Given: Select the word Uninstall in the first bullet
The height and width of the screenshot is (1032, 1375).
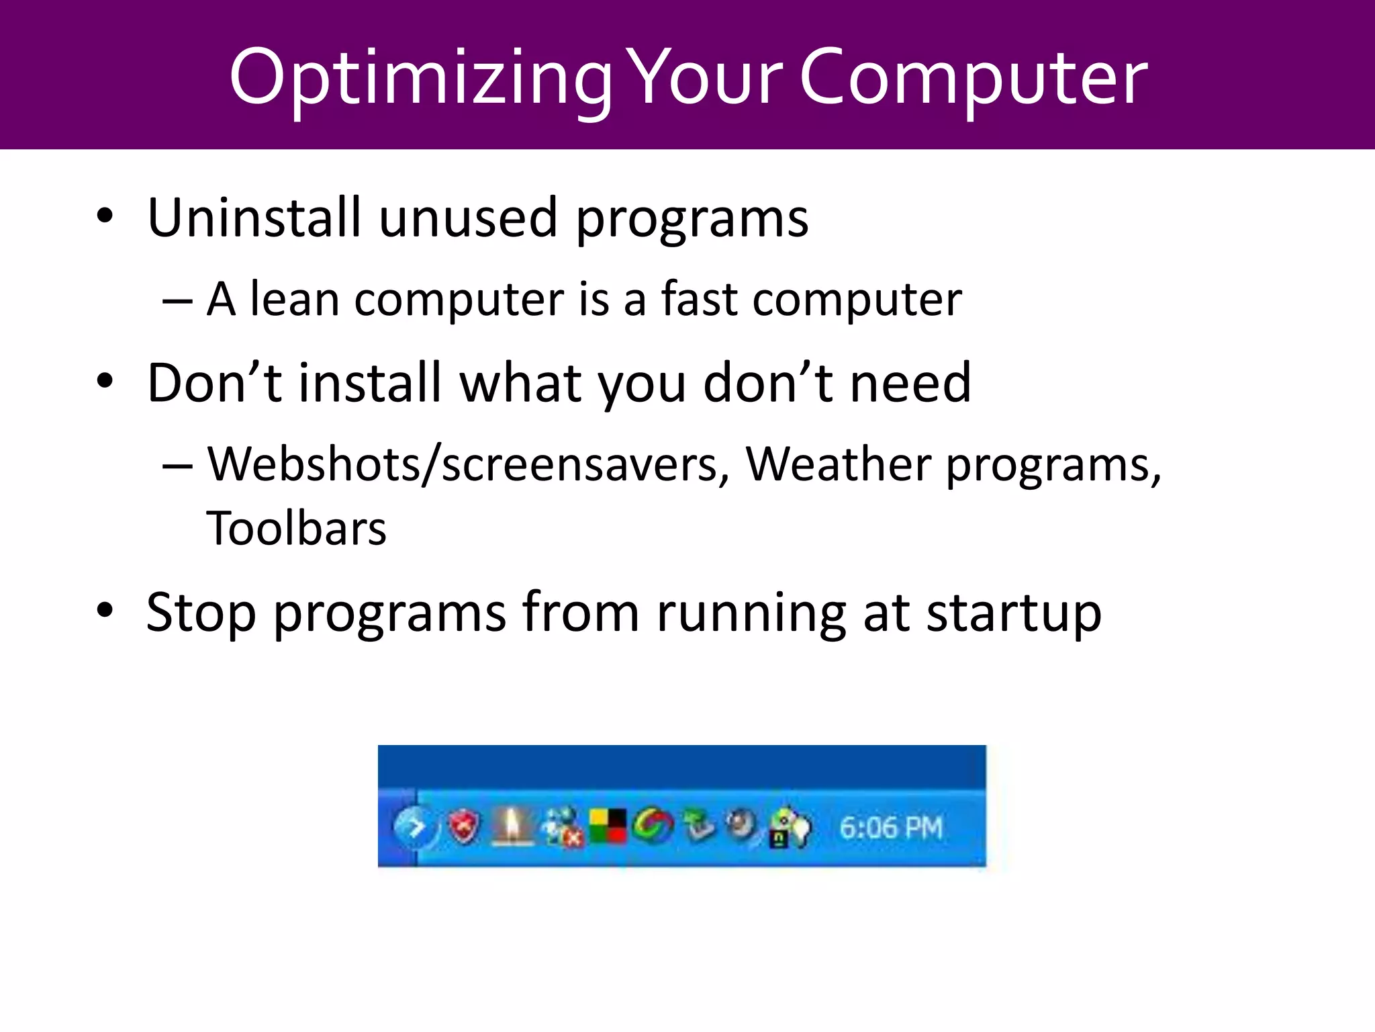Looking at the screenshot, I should point(254,218).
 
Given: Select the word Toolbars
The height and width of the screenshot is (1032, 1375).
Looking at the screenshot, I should point(296,529).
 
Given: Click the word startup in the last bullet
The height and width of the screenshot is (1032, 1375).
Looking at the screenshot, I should point(1013,613).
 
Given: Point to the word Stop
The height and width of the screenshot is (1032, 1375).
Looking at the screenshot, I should point(201,613).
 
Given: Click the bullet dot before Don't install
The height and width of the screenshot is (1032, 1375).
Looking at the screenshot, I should point(105,381).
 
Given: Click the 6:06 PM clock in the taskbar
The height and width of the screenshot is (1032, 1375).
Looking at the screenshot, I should point(891,828).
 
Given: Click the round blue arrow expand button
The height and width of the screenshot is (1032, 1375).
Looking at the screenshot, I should point(414,826).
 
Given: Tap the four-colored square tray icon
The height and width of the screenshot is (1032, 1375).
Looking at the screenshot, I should point(608,826).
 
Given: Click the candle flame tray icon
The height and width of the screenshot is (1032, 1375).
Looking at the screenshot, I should point(512,825).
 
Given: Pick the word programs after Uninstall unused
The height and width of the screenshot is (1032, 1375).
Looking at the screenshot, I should point(692,219).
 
